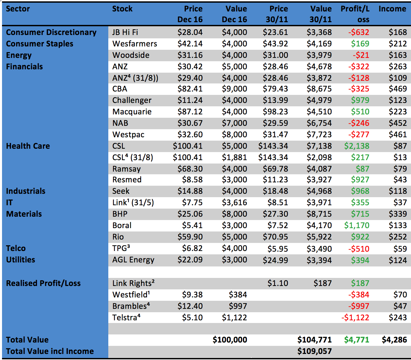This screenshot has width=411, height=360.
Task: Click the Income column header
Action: (392, 9)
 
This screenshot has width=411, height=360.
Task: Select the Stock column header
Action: (122, 9)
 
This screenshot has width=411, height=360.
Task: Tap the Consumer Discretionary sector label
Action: (51, 32)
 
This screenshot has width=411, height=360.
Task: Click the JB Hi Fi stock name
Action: (125, 32)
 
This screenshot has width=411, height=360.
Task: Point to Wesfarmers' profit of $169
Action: (360, 44)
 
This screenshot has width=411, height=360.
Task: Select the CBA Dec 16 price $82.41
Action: (190, 89)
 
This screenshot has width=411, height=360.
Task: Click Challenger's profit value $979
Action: (360, 100)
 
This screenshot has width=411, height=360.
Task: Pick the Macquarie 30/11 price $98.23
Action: (275, 112)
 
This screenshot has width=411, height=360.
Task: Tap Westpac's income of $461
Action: (398, 135)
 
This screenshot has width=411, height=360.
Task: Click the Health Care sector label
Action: (28, 146)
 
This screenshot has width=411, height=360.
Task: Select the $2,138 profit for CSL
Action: (357, 146)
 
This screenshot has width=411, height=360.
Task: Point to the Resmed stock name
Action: (127, 180)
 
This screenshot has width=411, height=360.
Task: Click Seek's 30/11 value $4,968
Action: (319, 191)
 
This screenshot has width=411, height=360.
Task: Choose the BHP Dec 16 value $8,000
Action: (234, 214)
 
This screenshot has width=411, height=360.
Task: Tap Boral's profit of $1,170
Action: (357, 225)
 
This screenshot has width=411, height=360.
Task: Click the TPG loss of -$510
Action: (359, 249)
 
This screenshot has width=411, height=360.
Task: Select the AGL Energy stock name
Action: (133, 260)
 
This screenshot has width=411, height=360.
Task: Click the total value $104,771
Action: (314, 340)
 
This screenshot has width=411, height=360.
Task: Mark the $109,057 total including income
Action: (314, 351)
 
